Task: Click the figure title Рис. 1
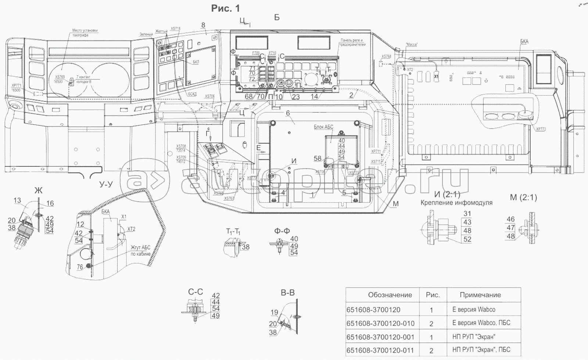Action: (225, 8)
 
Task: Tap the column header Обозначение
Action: (390, 295)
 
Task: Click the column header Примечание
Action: (480, 295)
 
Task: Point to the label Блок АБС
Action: (323, 127)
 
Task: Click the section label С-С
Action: (196, 292)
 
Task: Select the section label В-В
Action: (287, 293)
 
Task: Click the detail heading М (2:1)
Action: (523, 198)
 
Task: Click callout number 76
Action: (80, 267)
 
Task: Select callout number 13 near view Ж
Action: (17, 200)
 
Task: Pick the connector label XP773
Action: (541, 129)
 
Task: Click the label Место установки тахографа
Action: (85, 33)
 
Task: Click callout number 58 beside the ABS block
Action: (318, 159)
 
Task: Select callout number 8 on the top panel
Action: (203, 25)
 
